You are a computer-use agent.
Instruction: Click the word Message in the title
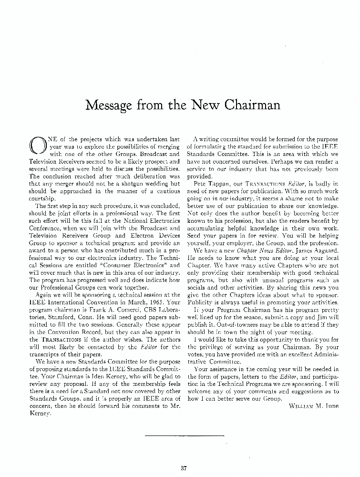click(x=109, y=104)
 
